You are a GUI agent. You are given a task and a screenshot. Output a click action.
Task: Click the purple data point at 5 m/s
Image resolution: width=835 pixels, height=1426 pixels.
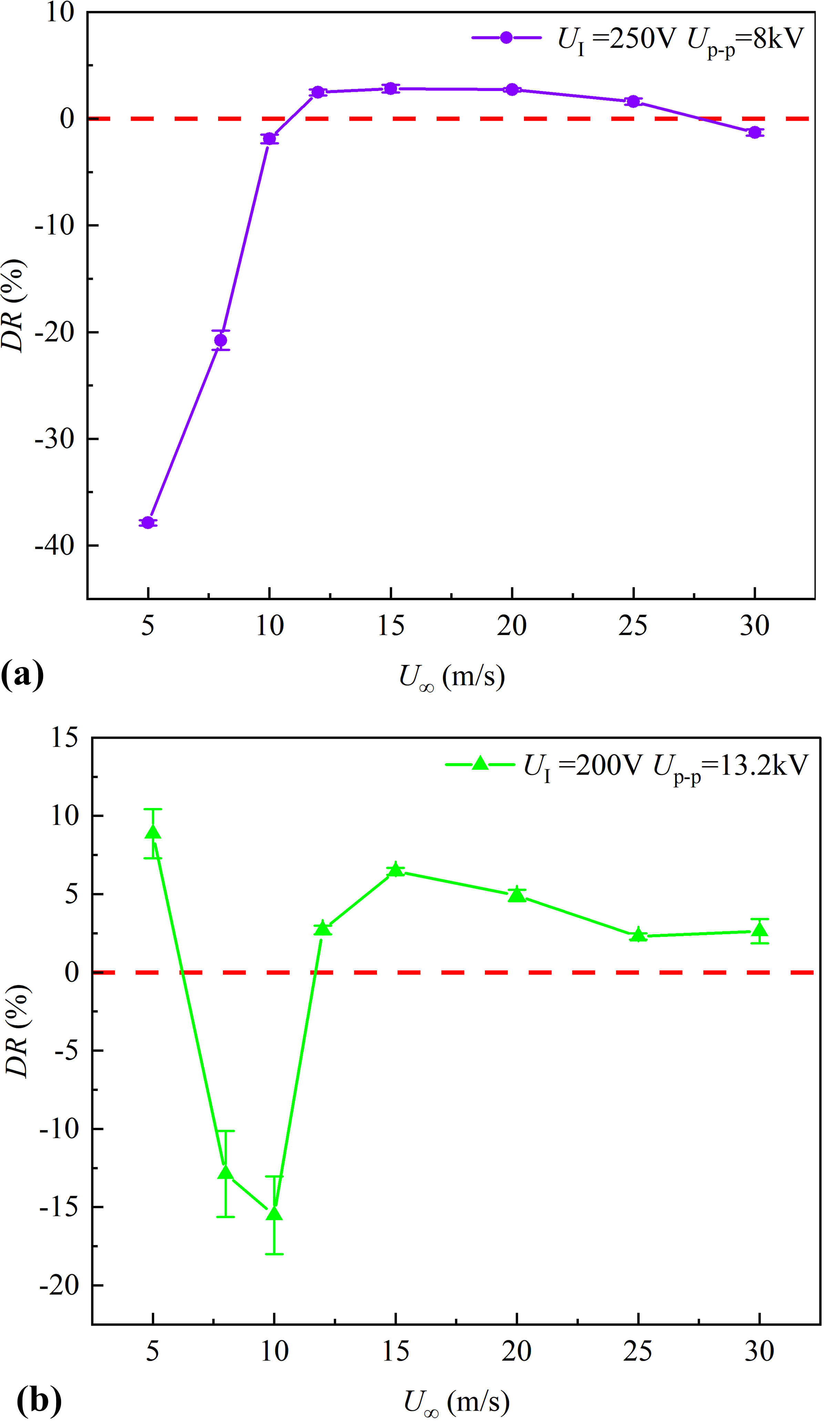(148, 522)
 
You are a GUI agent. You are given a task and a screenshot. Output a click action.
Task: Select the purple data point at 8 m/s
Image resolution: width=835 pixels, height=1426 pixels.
(221, 340)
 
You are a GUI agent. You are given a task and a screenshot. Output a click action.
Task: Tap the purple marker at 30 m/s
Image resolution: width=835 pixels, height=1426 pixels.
(755, 132)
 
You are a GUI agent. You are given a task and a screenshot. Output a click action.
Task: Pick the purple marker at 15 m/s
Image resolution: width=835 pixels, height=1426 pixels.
(390, 88)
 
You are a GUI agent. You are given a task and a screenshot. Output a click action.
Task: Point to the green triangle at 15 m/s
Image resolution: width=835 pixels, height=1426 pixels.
(395, 870)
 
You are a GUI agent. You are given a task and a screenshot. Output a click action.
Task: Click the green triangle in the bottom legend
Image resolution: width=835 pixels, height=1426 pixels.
(480, 764)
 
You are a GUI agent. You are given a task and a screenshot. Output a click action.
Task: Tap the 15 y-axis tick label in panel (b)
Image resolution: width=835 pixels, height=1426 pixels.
(64, 738)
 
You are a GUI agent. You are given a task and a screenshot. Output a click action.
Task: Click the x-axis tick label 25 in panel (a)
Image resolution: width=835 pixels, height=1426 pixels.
(633, 626)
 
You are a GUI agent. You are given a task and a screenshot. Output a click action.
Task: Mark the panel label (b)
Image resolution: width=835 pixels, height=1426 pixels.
(39, 1400)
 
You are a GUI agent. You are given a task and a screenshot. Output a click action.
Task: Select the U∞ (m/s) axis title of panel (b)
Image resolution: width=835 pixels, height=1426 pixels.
(457, 1401)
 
